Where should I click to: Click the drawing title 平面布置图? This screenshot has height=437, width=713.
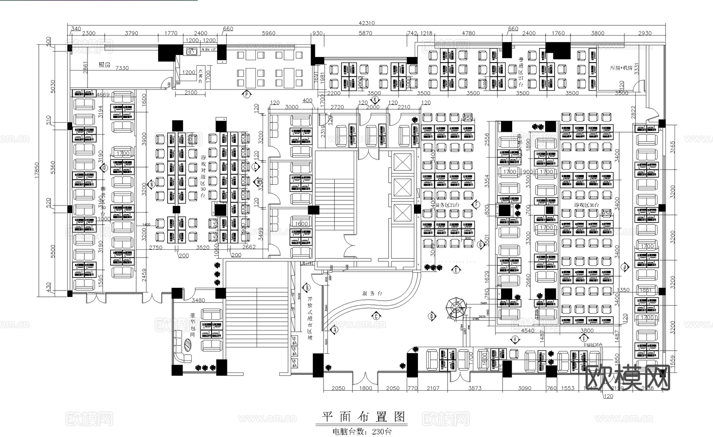click(x=363, y=416)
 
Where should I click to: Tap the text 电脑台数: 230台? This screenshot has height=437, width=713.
click(x=362, y=431)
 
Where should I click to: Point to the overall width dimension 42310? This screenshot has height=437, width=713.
click(x=366, y=23)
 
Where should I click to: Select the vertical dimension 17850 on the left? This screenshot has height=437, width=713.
click(x=37, y=170)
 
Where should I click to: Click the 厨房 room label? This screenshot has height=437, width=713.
click(x=104, y=65)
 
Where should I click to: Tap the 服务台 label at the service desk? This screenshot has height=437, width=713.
click(x=372, y=294)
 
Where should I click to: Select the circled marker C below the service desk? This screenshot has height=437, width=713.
click(x=376, y=316)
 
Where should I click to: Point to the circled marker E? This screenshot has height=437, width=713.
click(x=456, y=270)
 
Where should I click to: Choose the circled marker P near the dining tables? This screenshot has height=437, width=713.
click(x=246, y=94)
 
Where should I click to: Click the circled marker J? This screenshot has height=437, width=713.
click(x=625, y=267)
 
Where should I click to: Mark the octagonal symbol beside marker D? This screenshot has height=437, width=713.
click(x=456, y=307)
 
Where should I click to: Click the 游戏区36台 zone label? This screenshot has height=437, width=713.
click(x=586, y=205)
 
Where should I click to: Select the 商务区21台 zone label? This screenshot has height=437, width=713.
click(x=447, y=205)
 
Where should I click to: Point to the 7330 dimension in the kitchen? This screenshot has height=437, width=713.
click(x=122, y=68)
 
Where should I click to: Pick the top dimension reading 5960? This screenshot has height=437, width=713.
click(x=269, y=33)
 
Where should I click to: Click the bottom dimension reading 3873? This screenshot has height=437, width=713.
click(x=475, y=388)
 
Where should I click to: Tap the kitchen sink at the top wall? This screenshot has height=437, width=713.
click(x=192, y=51)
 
